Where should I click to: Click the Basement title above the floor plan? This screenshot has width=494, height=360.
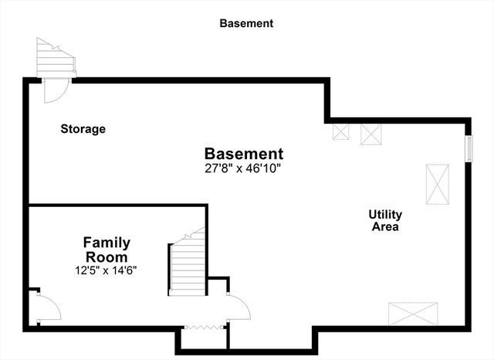click(x=246, y=23)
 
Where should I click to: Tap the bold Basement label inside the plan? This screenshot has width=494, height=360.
click(x=244, y=154)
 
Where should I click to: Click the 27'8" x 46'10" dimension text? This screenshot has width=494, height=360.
click(x=243, y=168)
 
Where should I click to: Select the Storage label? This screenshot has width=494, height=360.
click(x=83, y=129)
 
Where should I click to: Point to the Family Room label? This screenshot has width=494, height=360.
click(x=107, y=250)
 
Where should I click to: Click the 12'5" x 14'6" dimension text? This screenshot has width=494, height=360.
click(x=107, y=270)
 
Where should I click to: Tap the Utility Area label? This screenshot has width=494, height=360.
click(x=385, y=220)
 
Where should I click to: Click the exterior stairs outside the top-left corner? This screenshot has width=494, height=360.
click(x=55, y=56)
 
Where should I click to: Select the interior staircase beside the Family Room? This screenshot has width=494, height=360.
click(x=188, y=264)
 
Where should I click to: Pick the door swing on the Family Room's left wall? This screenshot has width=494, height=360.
click(x=47, y=307)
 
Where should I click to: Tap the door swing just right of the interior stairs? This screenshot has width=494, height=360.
click(x=239, y=308)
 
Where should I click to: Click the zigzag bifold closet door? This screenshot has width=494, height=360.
click(x=204, y=327)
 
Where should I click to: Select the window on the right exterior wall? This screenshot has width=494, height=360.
click(x=468, y=148)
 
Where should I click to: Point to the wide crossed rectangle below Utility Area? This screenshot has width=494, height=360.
click(x=412, y=314)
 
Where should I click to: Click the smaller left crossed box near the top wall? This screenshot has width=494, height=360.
click(x=340, y=131)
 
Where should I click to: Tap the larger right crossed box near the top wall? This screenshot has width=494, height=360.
click(x=372, y=134)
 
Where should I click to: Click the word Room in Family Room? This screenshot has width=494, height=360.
click(x=107, y=256)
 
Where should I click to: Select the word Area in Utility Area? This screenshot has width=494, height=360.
click(x=385, y=227)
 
